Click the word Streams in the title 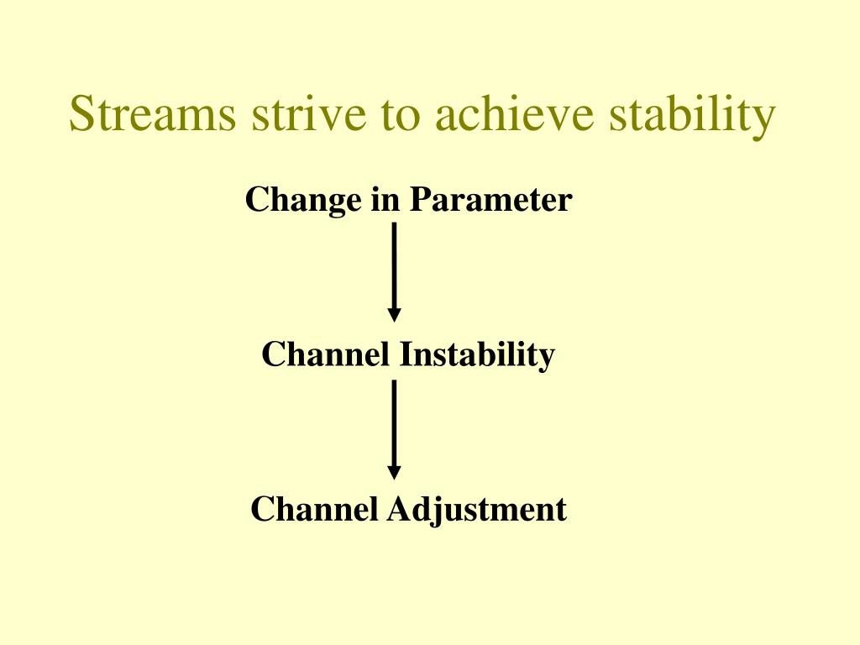tap(153, 113)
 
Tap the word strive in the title tap(309, 113)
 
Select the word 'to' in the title tap(401, 116)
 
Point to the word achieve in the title tap(515, 113)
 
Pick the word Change tap(303, 201)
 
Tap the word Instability tap(477, 355)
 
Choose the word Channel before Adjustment tap(314, 509)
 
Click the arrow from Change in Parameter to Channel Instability tap(394, 272)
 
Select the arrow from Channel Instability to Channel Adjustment tap(394, 430)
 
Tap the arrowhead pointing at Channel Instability tap(394, 315)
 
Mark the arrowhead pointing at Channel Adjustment tap(394, 473)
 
